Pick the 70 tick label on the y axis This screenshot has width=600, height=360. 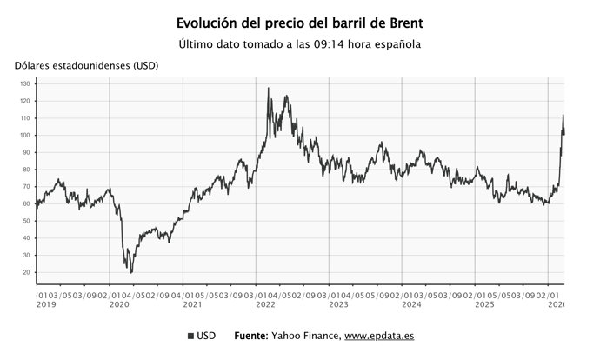click(26, 187)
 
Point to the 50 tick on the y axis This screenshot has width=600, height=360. click(26, 221)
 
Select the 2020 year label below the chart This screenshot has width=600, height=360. click(119, 305)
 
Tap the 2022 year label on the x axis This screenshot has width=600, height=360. click(265, 305)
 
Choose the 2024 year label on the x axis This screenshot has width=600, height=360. click(411, 305)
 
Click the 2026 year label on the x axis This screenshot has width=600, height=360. click(557, 305)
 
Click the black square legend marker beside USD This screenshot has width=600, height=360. click(190, 336)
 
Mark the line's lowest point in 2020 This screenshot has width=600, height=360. click(131, 272)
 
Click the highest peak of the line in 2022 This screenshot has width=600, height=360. click(268, 88)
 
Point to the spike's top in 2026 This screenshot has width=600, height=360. click(563, 115)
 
